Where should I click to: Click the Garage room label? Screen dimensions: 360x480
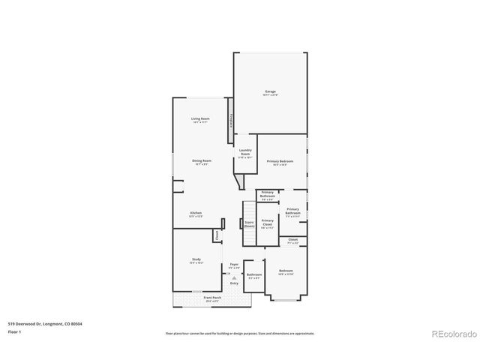270,92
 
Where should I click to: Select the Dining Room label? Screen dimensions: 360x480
202,161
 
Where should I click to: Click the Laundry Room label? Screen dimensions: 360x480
245,152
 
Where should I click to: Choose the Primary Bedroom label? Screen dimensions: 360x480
282,162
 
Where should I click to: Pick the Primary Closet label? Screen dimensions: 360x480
268,222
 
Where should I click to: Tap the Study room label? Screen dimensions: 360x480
196,260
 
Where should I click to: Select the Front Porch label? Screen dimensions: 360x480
212,298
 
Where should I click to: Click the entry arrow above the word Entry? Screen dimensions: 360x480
234,277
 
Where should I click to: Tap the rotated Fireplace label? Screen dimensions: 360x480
232,121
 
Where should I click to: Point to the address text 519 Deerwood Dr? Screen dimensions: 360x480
45,323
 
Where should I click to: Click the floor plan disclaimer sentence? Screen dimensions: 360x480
240,333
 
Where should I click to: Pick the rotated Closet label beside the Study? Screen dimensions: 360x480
217,235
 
